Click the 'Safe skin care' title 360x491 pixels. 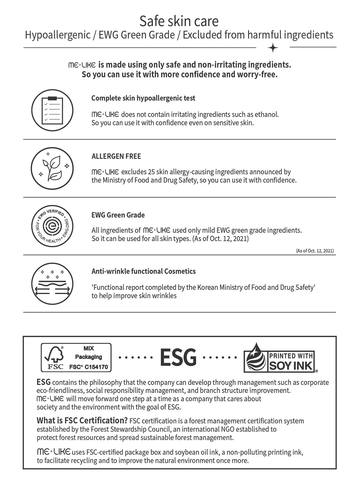coord(179,21)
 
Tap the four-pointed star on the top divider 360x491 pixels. coord(273,48)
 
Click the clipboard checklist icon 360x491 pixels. coord(52,110)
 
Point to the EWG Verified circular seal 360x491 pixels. coord(52,226)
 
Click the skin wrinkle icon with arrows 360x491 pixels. coord(52,284)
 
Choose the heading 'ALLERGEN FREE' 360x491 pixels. coord(116,156)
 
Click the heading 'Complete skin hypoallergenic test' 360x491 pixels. coord(143,98)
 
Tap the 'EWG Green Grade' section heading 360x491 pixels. coord(118,215)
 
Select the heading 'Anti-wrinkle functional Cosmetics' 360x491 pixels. coord(144,271)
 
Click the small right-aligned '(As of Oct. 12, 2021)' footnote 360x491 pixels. coord(315,251)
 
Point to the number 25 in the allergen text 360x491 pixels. coord(152,172)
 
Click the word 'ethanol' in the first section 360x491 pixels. coord(266,115)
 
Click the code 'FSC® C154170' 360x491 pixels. coord(88,367)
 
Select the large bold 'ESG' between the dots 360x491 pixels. coord(178,357)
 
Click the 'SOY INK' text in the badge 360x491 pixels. coord(291,366)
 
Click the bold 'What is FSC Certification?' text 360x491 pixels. coord(82,420)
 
